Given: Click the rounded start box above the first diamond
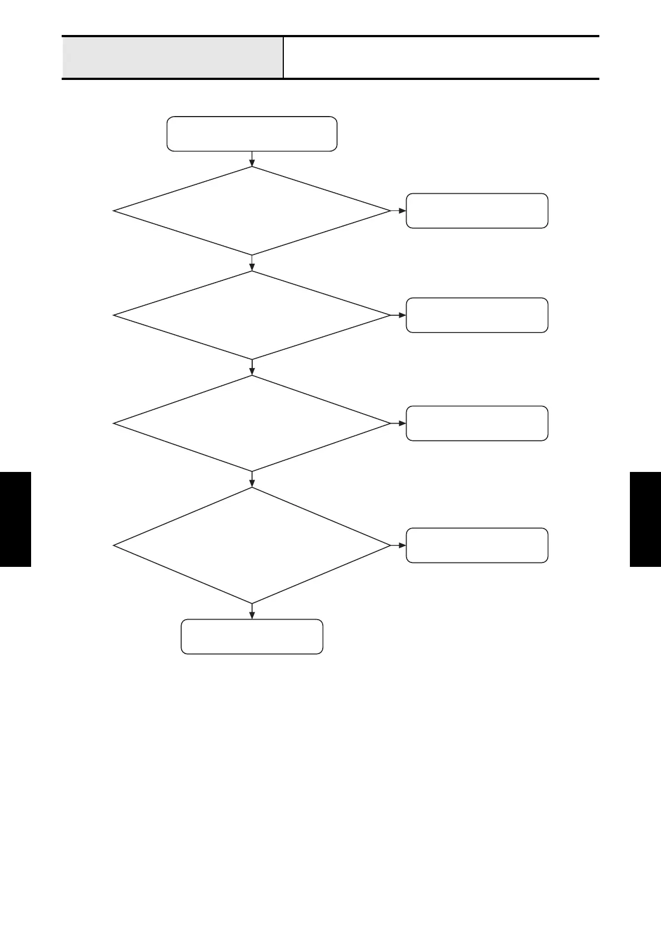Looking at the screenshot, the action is click(252, 134).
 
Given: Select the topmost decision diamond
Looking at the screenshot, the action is click(252, 211).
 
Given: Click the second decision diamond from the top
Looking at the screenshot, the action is click(252, 315).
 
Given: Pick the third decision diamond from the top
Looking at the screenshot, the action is click(252, 423).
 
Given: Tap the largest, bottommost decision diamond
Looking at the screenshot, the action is click(252, 545).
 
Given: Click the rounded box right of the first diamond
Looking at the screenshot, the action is click(477, 211).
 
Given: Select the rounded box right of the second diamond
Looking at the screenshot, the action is click(477, 315).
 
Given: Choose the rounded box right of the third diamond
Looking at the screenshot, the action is click(477, 423).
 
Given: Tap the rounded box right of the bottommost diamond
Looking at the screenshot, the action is click(477, 545).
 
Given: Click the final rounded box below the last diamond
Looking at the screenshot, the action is click(252, 636).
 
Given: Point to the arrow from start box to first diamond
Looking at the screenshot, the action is click(252, 159).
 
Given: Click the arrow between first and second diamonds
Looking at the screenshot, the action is click(252, 263).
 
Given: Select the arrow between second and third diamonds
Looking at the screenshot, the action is click(252, 368).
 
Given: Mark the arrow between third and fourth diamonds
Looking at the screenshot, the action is click(252, 479).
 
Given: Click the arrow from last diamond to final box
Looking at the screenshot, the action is click(252, 611).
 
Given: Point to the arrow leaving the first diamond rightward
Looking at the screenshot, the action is click(398, 211).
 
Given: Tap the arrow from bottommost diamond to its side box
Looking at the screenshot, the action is click(398, 545).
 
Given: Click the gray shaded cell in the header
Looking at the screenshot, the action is click(172, 58).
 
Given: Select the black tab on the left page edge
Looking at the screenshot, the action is click(15, 519).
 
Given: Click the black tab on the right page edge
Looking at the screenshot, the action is click(645, 519).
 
